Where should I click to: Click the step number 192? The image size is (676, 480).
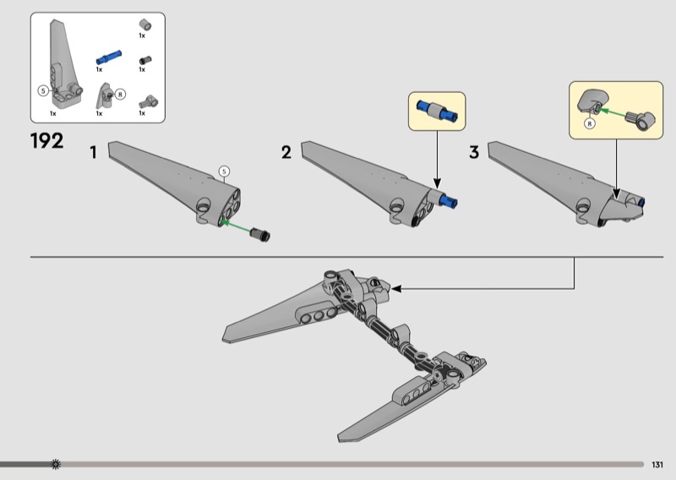(47, 141)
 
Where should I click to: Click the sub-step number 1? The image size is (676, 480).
(93, 152)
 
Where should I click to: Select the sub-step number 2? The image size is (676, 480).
(286, 152)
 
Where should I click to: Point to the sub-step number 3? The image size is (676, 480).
(474, 152)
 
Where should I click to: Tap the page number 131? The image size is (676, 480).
(657, 465)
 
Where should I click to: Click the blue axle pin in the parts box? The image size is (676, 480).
(109, 57)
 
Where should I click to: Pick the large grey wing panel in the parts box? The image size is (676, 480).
(65, 64)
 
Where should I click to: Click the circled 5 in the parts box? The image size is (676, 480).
(43, 91)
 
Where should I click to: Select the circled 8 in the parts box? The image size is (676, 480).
(120, 94)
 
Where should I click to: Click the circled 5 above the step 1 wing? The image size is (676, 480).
(224, 172)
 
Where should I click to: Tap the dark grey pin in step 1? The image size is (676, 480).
(260, 234)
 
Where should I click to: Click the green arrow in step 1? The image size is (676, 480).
(235, 226)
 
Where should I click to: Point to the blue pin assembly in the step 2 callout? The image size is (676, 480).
(437, 111)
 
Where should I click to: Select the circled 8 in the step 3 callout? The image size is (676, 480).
(589, 123)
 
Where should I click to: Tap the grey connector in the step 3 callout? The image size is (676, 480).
(641, 119)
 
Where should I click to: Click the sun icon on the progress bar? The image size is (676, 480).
(56, 465)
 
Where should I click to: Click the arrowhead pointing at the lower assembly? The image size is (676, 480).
(396, 289)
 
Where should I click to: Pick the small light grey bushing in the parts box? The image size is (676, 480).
(145, 25)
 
